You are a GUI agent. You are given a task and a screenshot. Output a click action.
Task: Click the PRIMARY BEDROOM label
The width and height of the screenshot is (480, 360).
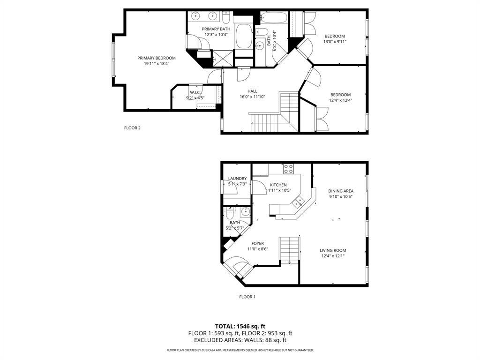[x=156, y=58]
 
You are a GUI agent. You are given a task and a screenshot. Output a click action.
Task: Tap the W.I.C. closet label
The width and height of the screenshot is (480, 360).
[x=195, y=92]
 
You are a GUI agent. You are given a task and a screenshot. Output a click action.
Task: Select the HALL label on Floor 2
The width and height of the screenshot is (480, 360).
[x=252, y=91]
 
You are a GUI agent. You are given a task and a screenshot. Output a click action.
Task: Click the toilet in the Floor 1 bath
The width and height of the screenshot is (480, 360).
[x=230, y=213]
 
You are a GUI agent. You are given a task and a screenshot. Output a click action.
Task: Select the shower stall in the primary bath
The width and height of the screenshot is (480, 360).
[x=219, y=59]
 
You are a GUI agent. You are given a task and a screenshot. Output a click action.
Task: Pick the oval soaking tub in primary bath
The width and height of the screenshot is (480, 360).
[x=243, y=36]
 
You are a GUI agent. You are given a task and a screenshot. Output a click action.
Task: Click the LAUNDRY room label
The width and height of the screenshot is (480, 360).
[x=237, y=179]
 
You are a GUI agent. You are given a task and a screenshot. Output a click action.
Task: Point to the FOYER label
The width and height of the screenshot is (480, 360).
[x=257, y=243]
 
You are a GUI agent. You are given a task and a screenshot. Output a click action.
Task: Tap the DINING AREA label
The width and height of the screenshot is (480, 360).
[x=340, y=191]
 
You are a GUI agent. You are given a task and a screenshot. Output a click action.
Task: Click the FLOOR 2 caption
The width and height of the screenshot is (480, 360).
[x=132, y=127]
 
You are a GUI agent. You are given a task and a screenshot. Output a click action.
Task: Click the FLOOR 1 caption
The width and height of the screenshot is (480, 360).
[x=247, y=297]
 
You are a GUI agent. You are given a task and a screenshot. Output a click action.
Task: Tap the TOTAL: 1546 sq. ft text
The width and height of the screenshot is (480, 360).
[x=240, y=326]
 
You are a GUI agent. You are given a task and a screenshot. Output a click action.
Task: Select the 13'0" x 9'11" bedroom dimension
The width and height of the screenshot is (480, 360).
[x=335, y=42]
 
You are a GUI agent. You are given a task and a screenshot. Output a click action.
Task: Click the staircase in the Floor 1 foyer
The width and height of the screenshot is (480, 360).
[x=289, y=249]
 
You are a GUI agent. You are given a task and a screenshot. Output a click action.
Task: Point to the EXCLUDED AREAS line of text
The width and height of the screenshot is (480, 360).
[x=240, y=340]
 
